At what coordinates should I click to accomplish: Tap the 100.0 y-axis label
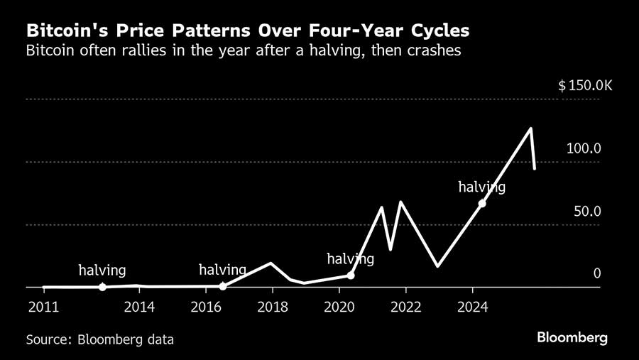click(584, 148)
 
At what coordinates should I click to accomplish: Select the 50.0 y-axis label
click(587, 212)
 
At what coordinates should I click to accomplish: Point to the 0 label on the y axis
click(597, 274)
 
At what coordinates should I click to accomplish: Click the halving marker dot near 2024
click(482, 203)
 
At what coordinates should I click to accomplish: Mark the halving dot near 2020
click(351, 275)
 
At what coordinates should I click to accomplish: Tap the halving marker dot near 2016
click(223, 286)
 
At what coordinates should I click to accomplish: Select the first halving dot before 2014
click(102, 287)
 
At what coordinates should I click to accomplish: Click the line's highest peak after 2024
click(530, 129)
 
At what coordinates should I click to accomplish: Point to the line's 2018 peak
click(271, 263)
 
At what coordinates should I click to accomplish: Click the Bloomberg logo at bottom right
click(572, 337)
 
